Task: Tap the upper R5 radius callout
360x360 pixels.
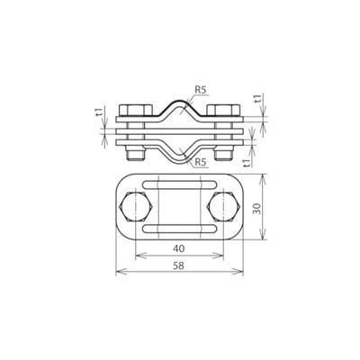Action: pyautogui.click(x=200, y=89)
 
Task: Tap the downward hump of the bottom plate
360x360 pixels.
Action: pyautogui.click(x=180, y=154)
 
